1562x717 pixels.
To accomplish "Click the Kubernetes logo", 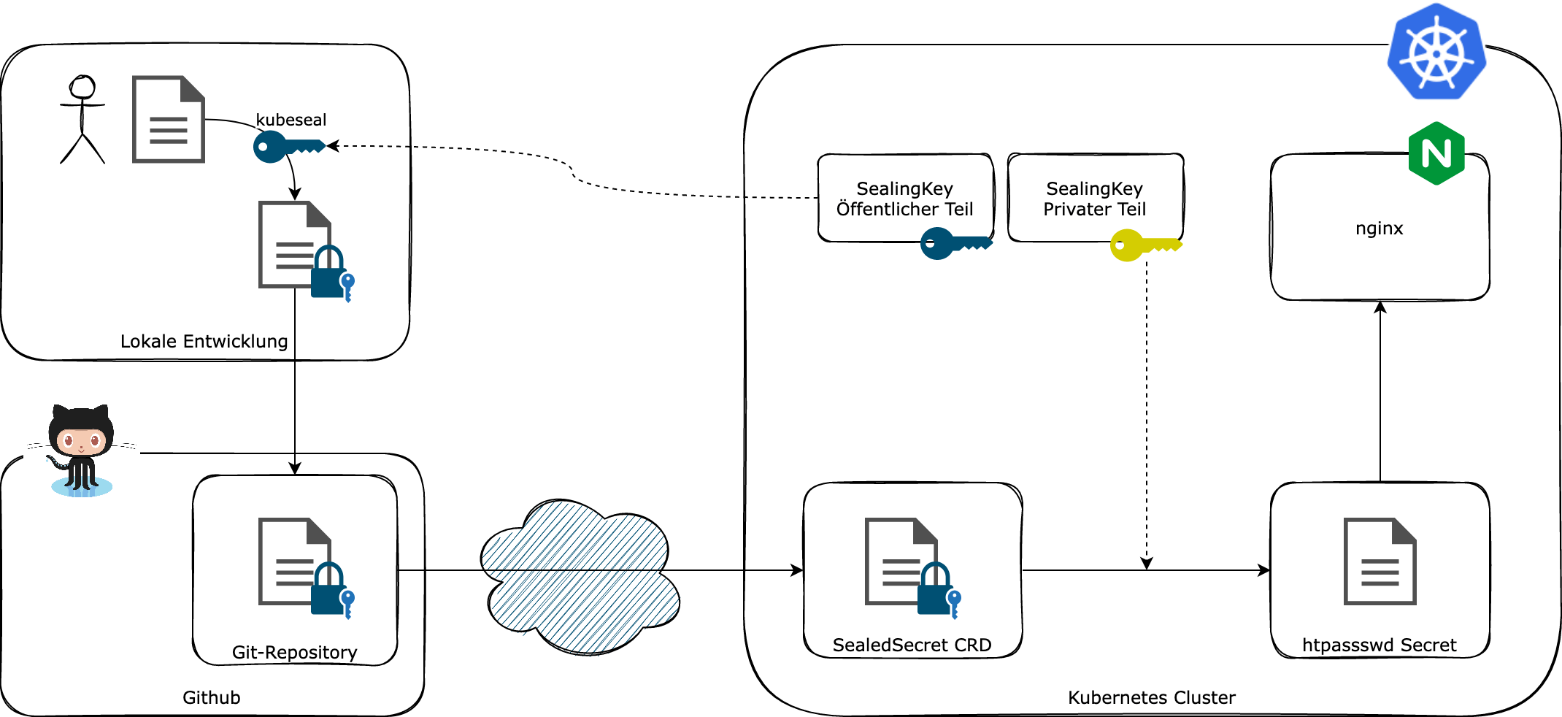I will click(1436, 51).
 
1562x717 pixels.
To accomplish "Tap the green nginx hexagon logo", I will click(1436, 153).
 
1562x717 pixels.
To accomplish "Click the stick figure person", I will click(82, 119).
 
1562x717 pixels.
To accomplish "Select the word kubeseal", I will click(291, 120).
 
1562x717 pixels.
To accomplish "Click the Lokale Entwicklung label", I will click(204, 341).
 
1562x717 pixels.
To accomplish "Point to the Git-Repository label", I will click(294, 652).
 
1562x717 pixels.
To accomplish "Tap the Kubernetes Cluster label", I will click(1151, 697).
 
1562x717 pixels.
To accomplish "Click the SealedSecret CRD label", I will click(912, 645).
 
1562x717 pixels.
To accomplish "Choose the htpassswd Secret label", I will click(1379, 645).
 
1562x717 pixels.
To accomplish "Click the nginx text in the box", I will click(1379, 229).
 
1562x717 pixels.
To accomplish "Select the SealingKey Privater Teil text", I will click(1094, 199).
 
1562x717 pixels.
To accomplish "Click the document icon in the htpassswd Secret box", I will click(1380, 561).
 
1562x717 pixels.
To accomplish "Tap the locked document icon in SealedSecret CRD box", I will click(911, 567).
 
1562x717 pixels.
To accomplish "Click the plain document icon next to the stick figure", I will click(168, 119).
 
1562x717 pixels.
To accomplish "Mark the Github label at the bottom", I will click(211, 697).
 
